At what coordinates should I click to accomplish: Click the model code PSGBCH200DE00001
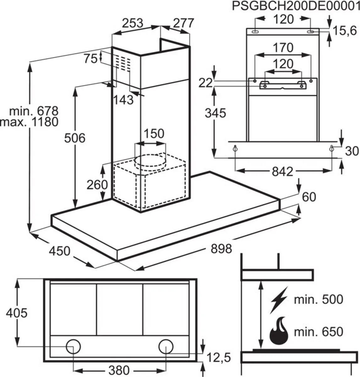click(x=296, y=6)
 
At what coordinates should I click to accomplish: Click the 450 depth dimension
click(x=59, y=251)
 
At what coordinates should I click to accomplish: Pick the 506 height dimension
click(x=74, y=138)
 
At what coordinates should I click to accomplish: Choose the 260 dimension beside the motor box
click(x=97, y=185)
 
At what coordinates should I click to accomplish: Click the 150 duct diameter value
click(x=154, y=133)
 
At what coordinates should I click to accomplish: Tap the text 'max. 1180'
click(x=29, y=122)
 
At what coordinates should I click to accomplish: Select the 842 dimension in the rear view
click(x=282, y=172)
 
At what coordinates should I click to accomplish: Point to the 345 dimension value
click(x=215, y=113)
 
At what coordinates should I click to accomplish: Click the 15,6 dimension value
click(x=345, y=30)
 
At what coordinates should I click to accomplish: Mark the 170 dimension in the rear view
click(x=283, y=48)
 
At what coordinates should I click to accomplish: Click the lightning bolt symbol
click(x=279, y=300)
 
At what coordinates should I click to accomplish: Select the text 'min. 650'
click(x=319, y=331)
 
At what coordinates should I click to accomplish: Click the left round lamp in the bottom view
click(x=73, y=347)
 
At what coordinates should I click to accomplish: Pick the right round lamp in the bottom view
click(x=166, y=347)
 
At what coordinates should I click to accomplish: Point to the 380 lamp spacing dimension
click(x=118, y=370)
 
